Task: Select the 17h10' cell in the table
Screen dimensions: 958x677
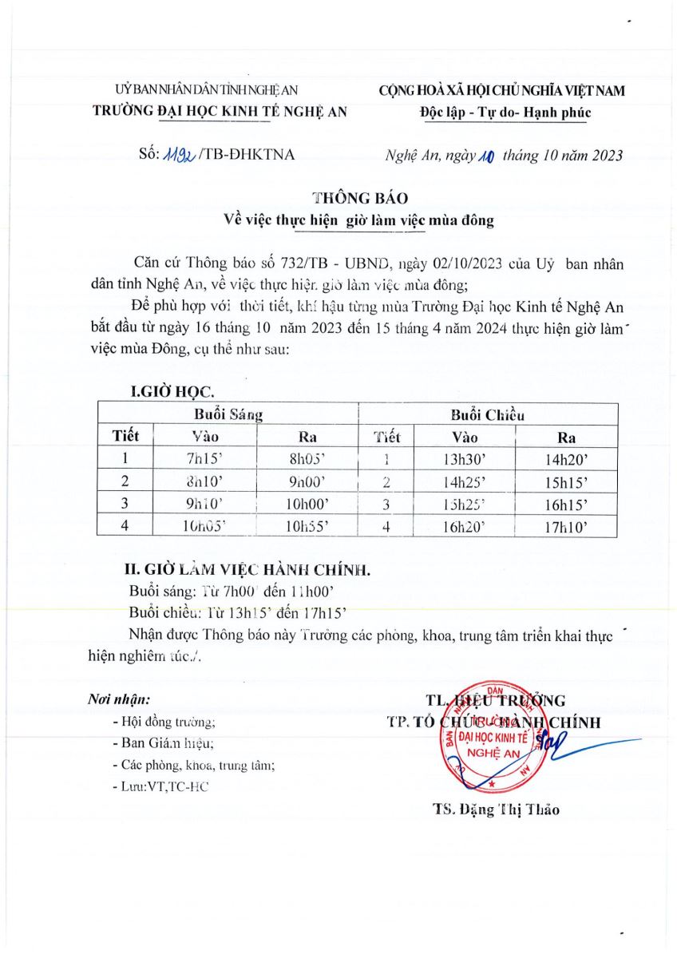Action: [567, 527]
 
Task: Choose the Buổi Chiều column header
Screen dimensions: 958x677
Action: [487, 414]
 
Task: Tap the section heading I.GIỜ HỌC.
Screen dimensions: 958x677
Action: [172, 392]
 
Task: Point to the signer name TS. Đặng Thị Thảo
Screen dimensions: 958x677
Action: [496, 810]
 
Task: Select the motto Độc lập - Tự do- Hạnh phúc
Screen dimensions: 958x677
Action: [505, 112]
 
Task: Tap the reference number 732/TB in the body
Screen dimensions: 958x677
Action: [303, 264]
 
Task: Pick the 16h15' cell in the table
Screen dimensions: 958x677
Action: [567, 505]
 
